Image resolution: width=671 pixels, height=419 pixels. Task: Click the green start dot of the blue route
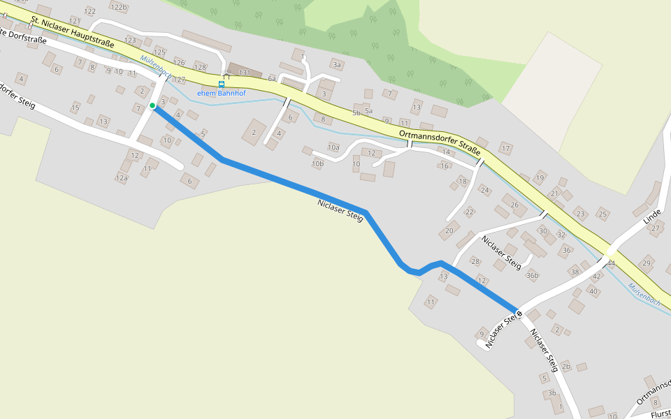pyautogui.click(x=152, y=105)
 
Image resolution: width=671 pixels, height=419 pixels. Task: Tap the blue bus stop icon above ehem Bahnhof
pyautogui.click(x=222, y=84)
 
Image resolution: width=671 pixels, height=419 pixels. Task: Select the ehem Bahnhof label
pyautogui.click(x=222, y=93)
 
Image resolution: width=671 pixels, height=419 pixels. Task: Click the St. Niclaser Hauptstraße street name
pyautogui.click(x=72, y=35)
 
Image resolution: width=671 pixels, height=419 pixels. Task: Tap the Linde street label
pyautogui.click(x=651, y=210)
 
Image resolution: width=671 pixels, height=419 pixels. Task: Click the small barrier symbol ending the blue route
pyautogui.click(x=519, y=314)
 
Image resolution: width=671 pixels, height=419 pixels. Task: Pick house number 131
pyautogui.click(x=245, y=73)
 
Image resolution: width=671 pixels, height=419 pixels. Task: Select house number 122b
pyautogui.click(x=120, y=7)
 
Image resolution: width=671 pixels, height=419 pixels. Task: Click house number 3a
pyautogui.click(x=337, y=65)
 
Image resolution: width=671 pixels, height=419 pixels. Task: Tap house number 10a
pyautogui.click(x=333, y=147)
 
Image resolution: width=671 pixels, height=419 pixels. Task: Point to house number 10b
pyautogui.click(x=318, y=164)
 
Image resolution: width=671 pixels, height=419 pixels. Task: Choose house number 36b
pyautogui.click(x=533, y=275)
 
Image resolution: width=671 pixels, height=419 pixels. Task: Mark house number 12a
pyautogui.click(x=122, y=178)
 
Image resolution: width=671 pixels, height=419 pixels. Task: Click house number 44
pyautogui.click(x=611, y=263)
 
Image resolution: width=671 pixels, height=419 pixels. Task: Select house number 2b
pyautogui.click(x=566, y=366)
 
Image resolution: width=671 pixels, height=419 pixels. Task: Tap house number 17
pyautogui.click(x=505, y=149)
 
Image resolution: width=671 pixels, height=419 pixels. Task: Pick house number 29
pyautogui.click(x=647, y=263)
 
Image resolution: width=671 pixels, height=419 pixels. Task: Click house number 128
pyautogui.click(x=201, y=67)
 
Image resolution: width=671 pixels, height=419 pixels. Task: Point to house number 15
pyautogui.click(x=75, y=108)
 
